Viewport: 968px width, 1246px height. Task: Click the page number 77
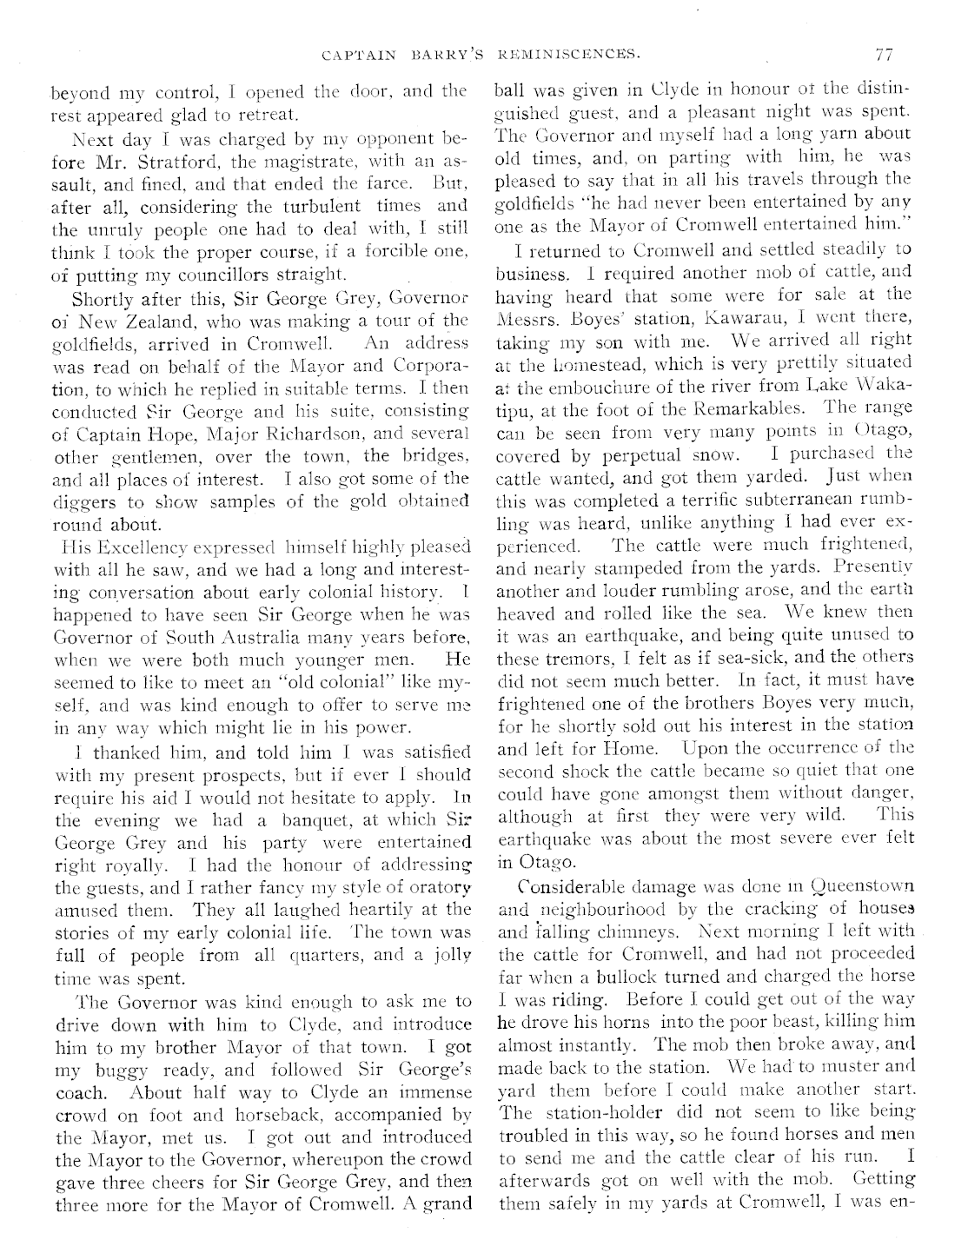[885, 55]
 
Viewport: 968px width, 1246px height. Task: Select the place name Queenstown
[861, 887]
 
